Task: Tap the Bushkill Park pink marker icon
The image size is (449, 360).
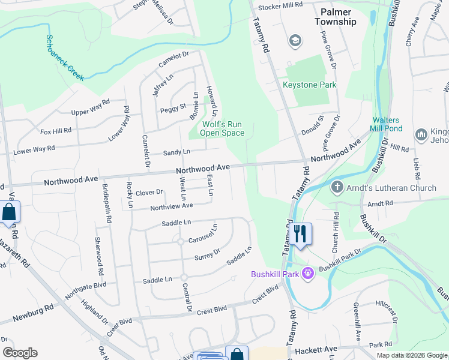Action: coord(309,274)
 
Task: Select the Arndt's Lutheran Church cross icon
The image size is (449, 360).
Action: coord(337,188)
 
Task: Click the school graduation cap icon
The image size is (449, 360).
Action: coord(295,41)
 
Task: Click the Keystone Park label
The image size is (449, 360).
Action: coord(310,85)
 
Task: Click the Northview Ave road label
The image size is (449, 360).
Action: coord(171,206)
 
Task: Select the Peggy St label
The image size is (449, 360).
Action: coord(173,109)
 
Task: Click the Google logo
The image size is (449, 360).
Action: coord(20,353)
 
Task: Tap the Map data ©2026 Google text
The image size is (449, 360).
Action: coord(411,355)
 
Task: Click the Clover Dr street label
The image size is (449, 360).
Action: coord(149,193)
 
